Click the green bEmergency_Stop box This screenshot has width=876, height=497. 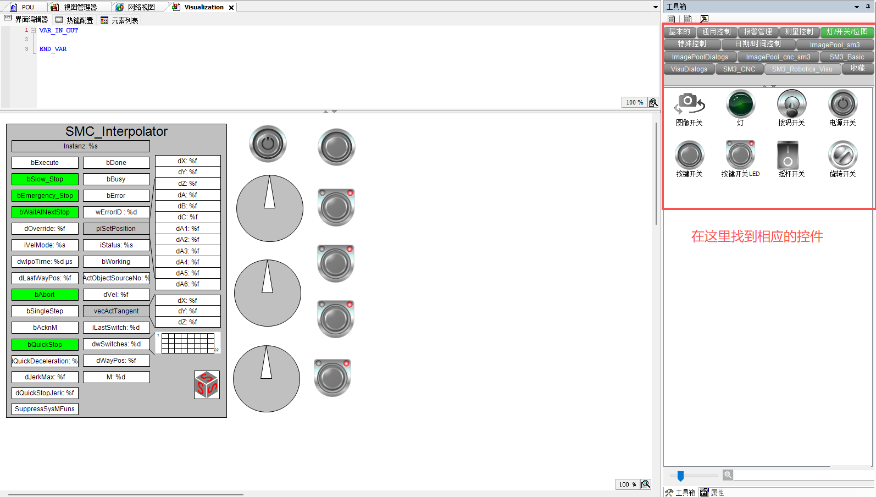point(45,196)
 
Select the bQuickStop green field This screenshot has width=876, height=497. point(45,344)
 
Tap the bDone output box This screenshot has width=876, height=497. point(117,163)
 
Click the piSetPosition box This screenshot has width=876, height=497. point(117,229)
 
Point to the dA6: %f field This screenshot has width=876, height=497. point(188,284)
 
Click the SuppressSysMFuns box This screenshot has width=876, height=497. point(45,409)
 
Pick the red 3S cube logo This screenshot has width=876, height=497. point(207,385)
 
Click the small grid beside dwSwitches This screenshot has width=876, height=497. point(188,343)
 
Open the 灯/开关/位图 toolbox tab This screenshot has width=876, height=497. point(847,32)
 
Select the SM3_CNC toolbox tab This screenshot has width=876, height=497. point(739,69)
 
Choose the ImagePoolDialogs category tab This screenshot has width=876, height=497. point(700,57)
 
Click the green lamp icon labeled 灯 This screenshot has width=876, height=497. point(740,104)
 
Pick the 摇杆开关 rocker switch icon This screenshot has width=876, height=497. point(788,156)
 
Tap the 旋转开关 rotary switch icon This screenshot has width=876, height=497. point(843,156)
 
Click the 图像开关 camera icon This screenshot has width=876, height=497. point(689,104)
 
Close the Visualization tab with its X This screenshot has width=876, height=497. point(231,8)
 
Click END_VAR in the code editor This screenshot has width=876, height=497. point(53,49)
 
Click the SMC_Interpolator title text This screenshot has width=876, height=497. point(117,131)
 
